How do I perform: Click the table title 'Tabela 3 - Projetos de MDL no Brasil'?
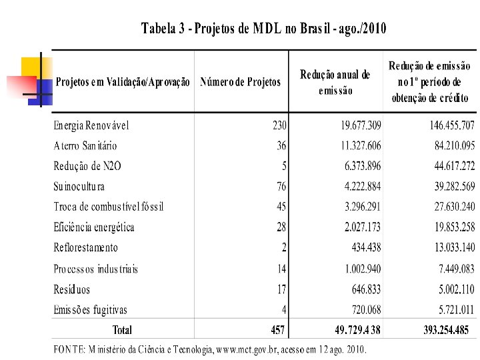pyautogui.click(x=264, y=29)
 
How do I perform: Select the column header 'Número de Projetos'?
pyautogui.click(x=240, y=82)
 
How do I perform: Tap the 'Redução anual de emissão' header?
pyautogui.click(x=335, y=82)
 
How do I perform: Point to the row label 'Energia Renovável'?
pyautogui.click(x=91, y=125)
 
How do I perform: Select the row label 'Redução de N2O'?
pyautogui.click(x=87, y=166)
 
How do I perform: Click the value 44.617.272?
pyautogui.click(x=445, y=166)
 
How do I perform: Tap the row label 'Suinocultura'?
pyautogui.click(x=79, y=187)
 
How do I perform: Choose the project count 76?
pyautogui.click(x=281, y=187)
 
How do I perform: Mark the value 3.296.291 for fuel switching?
pyautogui.click(x=363, y=207)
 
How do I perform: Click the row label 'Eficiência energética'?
pyautogui.click(x=94, y=227)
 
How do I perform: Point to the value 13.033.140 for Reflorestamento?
pyautogui.click(x=445, y=247)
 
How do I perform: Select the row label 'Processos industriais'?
pyautogui.click(x=96, y=269)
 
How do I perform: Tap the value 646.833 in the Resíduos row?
pyautogui.click(x=366, y=289)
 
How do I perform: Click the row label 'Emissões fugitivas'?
pyautogui.click(x=90, y=309)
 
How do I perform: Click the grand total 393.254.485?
pyautogui.click(x=445, y=329)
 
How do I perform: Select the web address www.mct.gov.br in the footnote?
pyautogui.click(x=244, y=349)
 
